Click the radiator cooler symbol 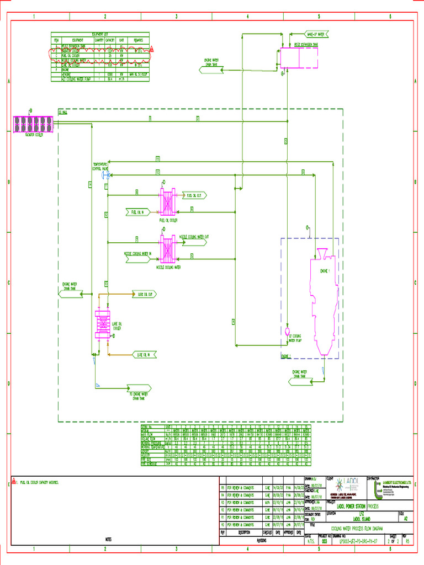point(34,124)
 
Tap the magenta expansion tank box point(299,57)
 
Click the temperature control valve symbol point(106,175)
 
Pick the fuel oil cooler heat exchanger point(167,202)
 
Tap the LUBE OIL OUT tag point(145,294)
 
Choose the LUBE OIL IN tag point(145,354)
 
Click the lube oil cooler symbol point(102,323)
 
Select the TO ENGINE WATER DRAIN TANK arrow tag point(140,390)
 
